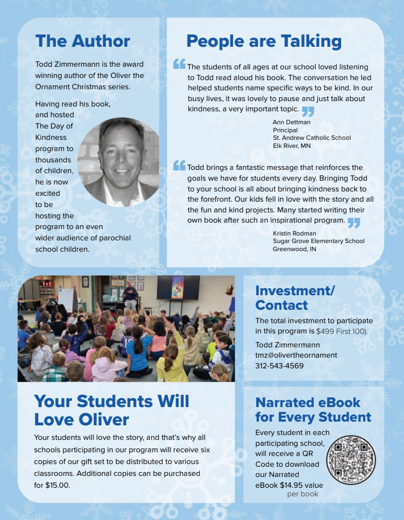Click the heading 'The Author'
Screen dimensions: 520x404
82,41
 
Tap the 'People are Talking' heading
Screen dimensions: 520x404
264,41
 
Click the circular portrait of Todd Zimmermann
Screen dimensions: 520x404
119,162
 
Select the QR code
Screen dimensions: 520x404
351,460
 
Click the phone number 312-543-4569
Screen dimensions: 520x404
279,366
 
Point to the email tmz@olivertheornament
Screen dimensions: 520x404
296,355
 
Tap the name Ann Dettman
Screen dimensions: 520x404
292,122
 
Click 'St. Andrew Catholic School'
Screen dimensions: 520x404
312,138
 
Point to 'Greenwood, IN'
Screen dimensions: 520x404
294,249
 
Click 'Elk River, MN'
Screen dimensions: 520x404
292,146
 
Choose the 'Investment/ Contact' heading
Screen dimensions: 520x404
295,298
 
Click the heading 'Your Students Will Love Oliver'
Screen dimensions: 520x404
112,410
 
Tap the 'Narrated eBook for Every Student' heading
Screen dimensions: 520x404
313,410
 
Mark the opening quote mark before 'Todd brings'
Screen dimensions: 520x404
179,166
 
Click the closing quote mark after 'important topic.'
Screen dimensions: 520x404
308,111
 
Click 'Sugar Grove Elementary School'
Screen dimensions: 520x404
319,241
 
